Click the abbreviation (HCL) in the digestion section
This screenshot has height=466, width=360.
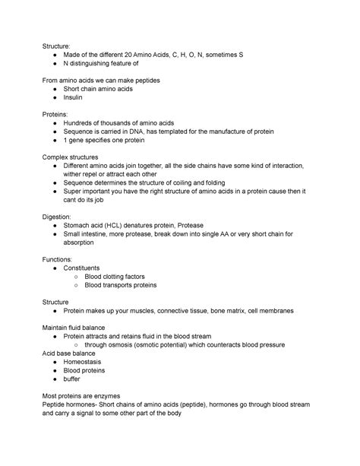pos(118,226)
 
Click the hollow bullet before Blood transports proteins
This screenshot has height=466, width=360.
pos(76,287)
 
